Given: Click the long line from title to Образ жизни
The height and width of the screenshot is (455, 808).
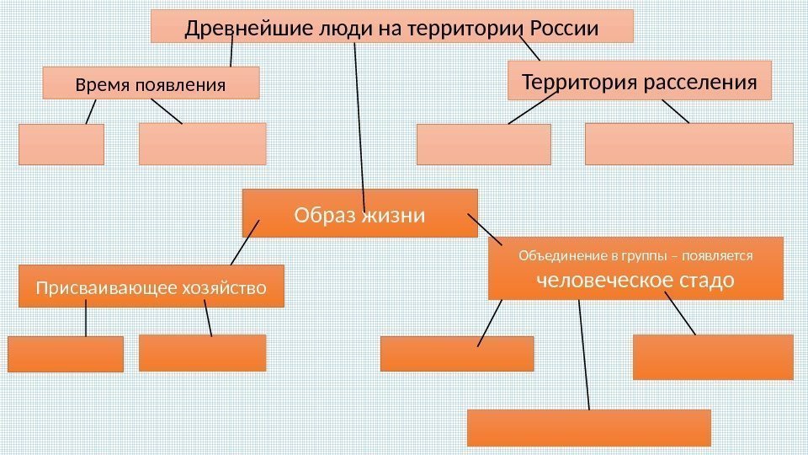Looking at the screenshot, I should coord(359,118).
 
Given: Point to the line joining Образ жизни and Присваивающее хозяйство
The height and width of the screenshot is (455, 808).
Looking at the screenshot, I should coord(245,243).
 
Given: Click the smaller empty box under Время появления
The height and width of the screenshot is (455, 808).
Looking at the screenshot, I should coord(61,144).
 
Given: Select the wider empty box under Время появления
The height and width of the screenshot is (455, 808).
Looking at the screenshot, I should coord(202,143).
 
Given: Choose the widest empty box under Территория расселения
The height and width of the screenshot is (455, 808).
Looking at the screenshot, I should coord(688,143).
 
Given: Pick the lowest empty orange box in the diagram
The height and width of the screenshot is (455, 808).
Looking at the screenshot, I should coord(588,427).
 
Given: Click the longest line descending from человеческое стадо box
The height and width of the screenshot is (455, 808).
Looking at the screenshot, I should coord(583,354).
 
